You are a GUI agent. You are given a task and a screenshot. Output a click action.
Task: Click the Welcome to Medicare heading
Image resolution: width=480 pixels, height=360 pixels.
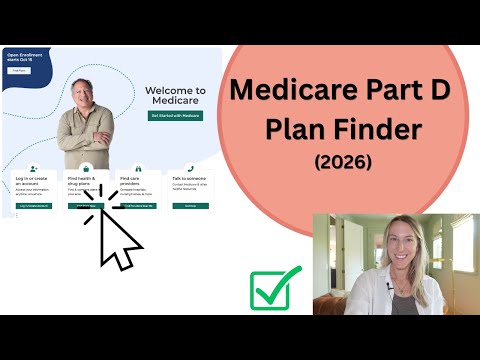(x=175, y=95)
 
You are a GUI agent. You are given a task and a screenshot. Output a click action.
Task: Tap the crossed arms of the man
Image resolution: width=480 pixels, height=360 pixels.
(x=84, y=133)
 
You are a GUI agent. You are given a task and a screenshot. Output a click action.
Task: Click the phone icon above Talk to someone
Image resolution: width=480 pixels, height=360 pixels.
(x=189, y=169)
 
